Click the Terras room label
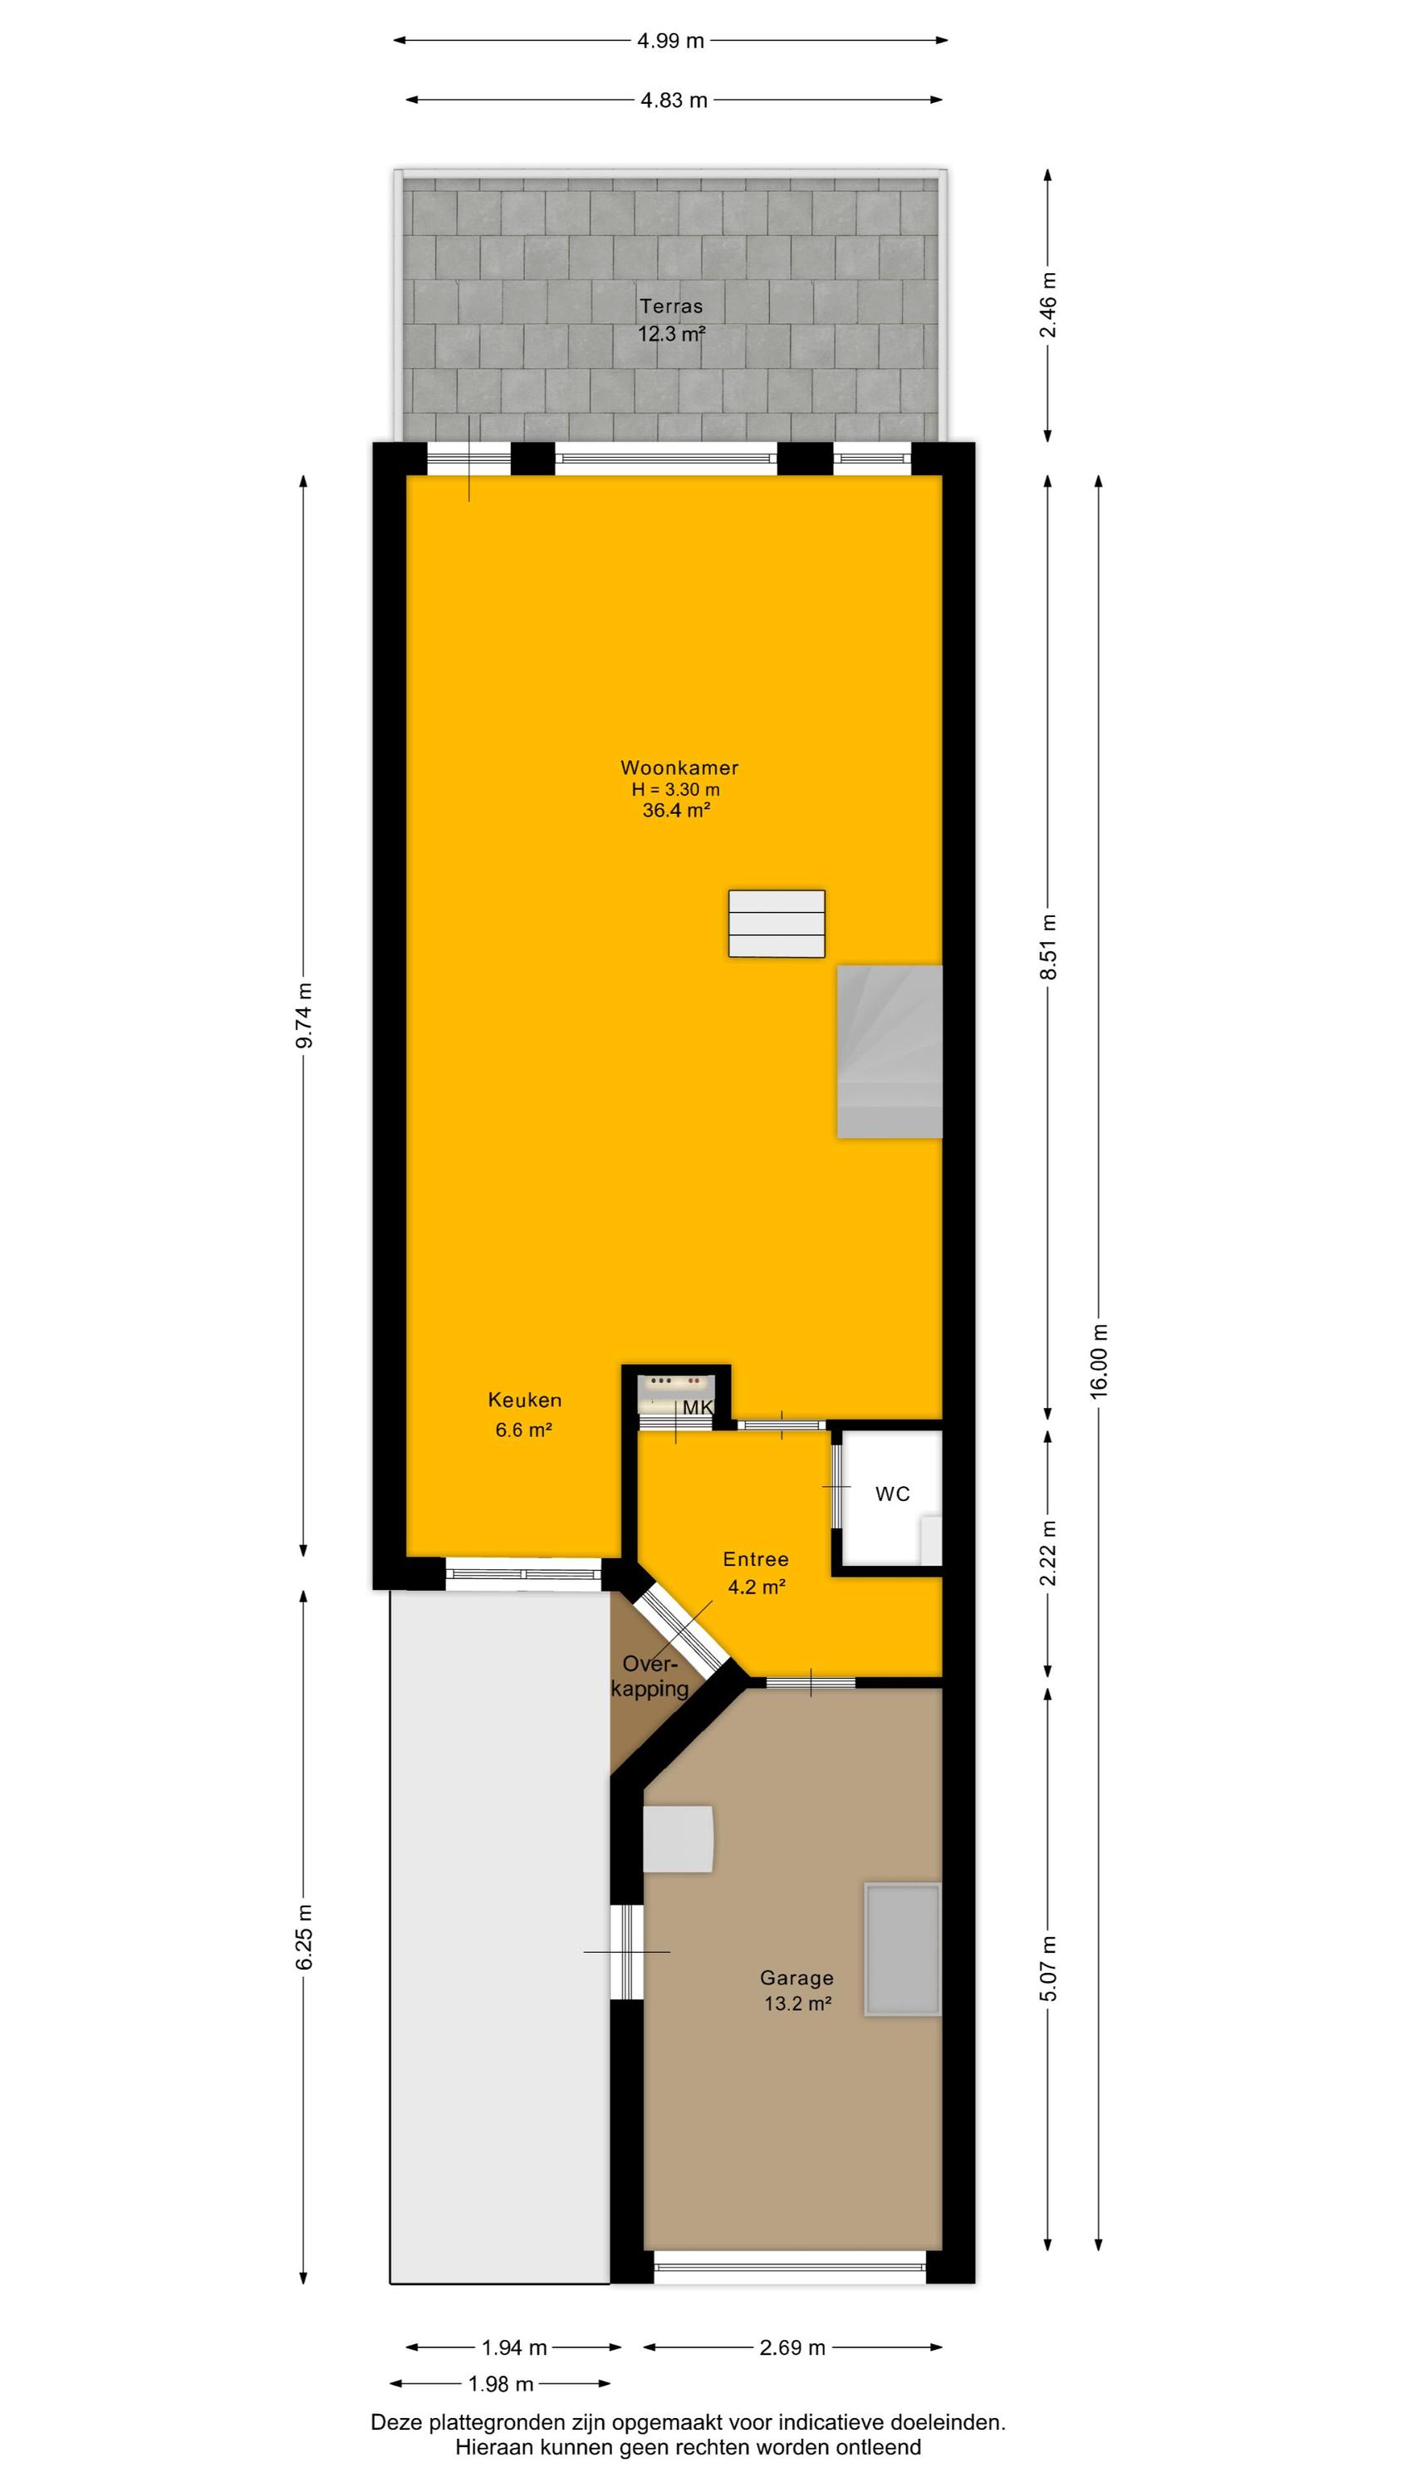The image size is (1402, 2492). click(x=670, y=307)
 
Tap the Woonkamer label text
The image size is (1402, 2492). click(x=679, y=768)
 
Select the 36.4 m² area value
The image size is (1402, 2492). click(x=676, y=811)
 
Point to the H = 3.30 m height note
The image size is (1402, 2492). click(x=676, y=789)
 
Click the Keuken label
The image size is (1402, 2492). click(x=524, y=1400)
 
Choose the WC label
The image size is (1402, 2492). click(x=892, y=1494)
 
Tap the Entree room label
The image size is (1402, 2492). click(x=756, y=1558)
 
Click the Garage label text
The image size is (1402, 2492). click(x=797, y=1979)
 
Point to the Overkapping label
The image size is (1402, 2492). click(x=650, y=1676)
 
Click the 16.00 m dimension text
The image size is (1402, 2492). click(x=1099, y=1359)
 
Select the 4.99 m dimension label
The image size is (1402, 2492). click(x=670, y=41)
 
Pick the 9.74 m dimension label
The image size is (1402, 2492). click(x=304, y=1015)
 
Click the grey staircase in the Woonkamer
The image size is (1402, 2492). click(x=890, y=1051)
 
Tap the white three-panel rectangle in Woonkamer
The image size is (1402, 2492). click(x=777, y=924)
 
